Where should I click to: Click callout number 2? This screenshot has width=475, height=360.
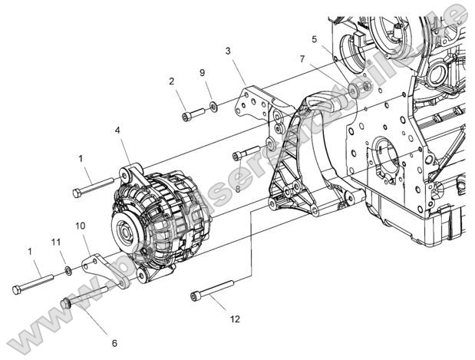pyautogui.click(x=171, y=81)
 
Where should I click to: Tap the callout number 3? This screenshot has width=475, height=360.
pyautogui.click(x=227, y=52)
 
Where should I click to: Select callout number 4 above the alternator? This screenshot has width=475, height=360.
pyautogui.click(x=117, y=131)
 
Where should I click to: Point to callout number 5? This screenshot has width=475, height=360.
pyautogui.click(x=314, y=38)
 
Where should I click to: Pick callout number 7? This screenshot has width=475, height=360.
pyautogui.click(x=302, y=59)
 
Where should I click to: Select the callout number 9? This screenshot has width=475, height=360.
pyautogui.click(x=202, y=74)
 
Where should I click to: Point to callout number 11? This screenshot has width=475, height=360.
pyautogui.click(x=54, y=243)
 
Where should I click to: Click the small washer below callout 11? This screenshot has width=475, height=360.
pyautogui.click(x=68, y=270)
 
